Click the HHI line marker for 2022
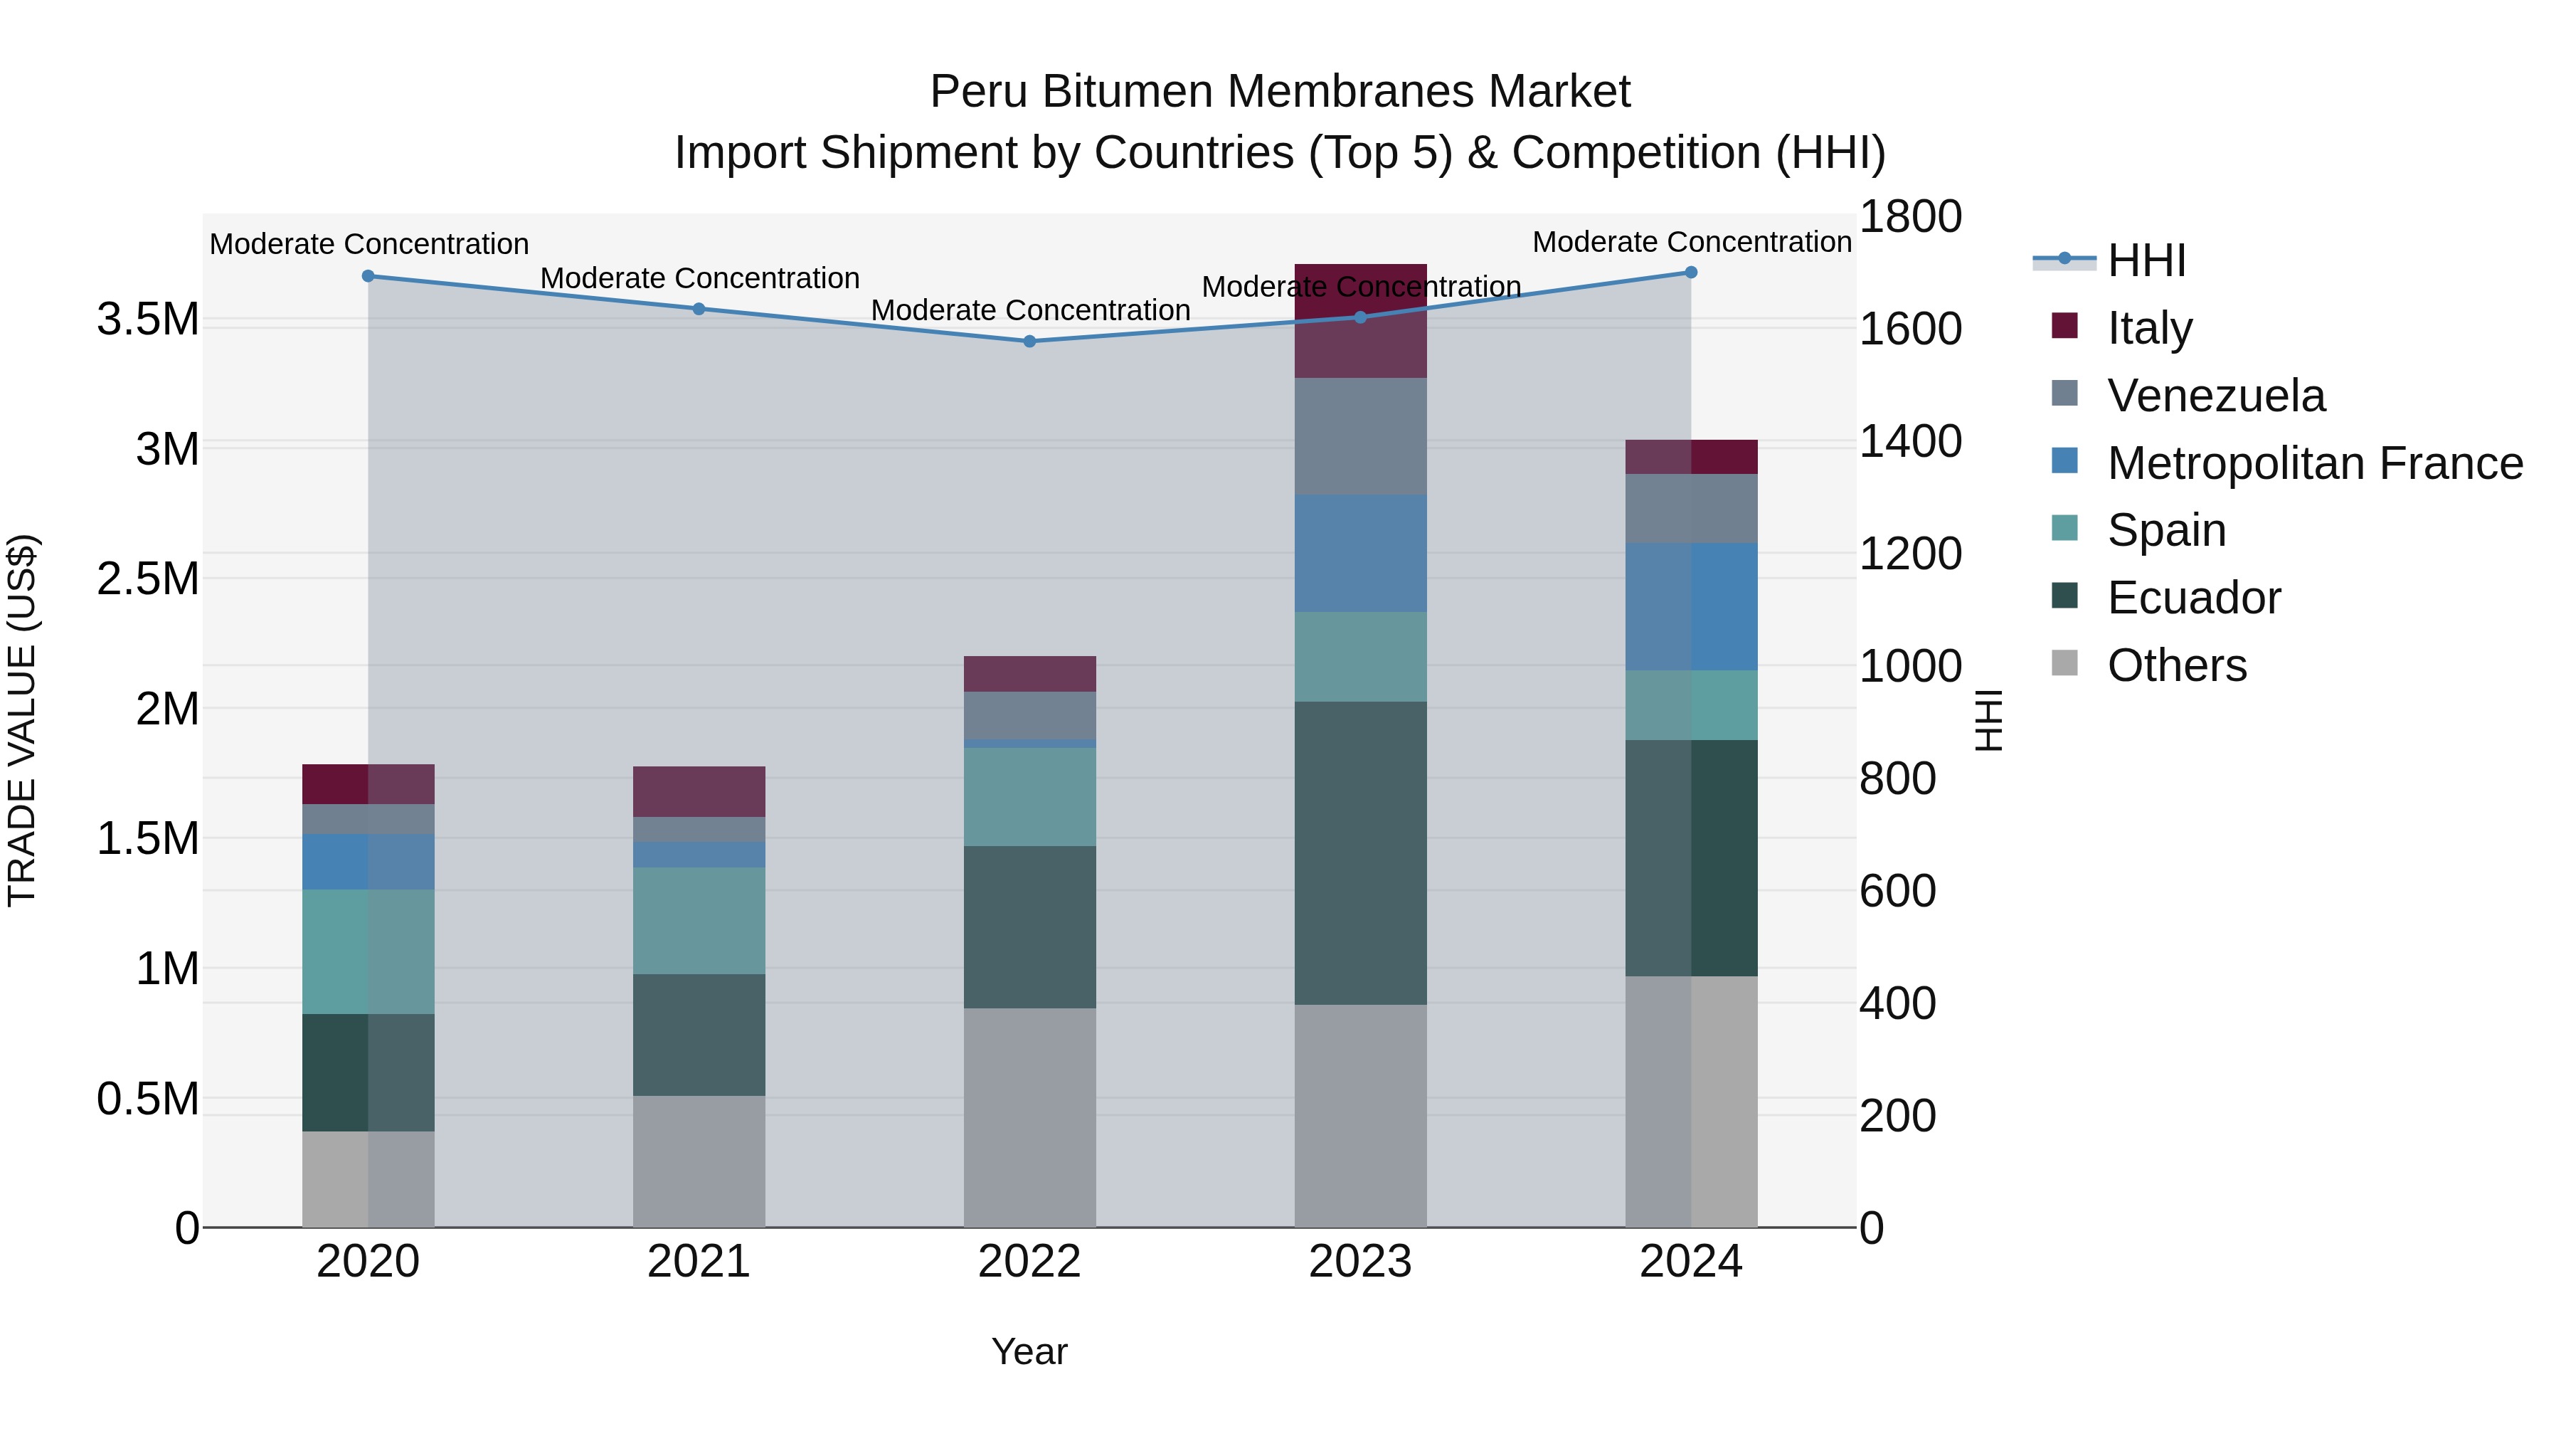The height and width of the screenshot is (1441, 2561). (1030, 341)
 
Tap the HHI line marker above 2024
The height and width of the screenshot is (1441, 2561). (1691, 273)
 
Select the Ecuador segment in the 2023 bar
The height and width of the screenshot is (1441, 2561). (1360, 853)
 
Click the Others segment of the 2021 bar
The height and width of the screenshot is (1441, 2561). (699, 1161)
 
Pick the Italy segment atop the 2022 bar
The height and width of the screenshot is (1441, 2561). (1030, 673)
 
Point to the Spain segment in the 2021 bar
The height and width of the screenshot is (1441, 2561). (699, 920)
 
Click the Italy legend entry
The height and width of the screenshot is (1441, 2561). (2149, 328)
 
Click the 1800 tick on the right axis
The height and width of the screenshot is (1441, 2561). (1910, 217)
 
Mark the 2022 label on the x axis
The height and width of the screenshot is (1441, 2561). (1030, 1262)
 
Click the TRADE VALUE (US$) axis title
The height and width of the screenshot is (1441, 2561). (22, 720)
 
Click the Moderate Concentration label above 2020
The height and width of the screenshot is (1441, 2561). (368, 243)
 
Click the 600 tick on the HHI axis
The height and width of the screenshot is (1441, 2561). (1897, 891)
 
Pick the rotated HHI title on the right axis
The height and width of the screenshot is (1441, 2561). (1988, 720)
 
